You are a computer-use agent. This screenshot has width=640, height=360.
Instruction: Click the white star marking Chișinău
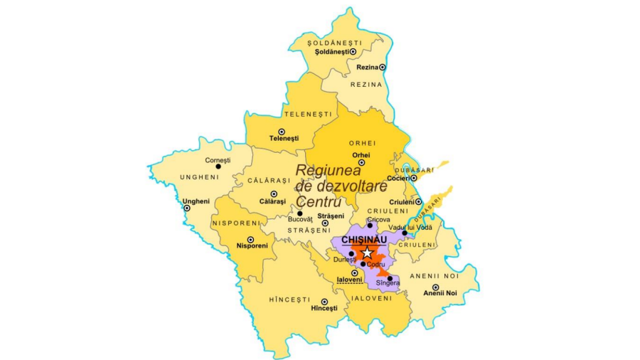coord(366,253)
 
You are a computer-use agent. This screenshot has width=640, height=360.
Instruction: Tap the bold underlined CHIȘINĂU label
coord(364,240)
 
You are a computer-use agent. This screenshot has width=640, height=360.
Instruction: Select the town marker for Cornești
coord(218,167)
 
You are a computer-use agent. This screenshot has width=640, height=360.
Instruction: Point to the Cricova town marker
coord(370,226)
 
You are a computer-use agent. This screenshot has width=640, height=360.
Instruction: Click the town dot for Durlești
coord(351,253)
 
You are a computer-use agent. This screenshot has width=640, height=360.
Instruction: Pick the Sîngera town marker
coord(390,278)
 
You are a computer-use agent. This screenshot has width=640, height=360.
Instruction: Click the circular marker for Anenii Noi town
coord(435,287)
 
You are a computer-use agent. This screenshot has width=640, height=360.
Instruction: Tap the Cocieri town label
coord(398,178)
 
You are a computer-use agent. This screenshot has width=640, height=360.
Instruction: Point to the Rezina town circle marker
coord(383,67)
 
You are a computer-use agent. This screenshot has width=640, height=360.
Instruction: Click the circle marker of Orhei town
coord(361,162)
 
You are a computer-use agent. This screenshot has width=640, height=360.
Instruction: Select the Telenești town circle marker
coord(282,132)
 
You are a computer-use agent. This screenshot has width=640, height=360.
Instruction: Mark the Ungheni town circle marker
coord(187,208)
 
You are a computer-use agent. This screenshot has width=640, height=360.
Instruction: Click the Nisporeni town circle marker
coord(250,240)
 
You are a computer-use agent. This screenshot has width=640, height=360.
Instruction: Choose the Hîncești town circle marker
coord(324,302)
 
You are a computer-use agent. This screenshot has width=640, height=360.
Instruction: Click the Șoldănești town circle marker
coord(353,52)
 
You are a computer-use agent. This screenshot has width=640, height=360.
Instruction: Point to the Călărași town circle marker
coord(274,194)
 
